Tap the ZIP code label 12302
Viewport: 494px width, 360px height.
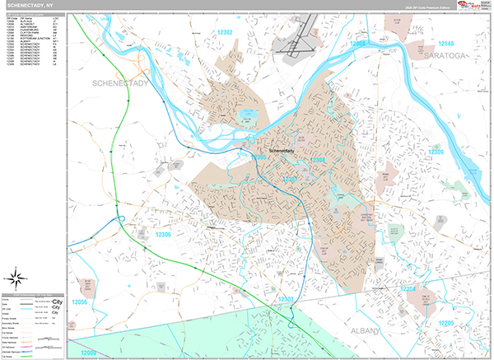[x=224, y=32]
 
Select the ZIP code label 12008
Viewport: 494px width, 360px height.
[x=357, y=44]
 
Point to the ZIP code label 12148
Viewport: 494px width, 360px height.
[x=445, y=43]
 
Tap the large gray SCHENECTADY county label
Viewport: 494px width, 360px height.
[x=120, y=85]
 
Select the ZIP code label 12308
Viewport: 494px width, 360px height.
[x=317, y=160]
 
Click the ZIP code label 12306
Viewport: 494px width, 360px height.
[x=163, y=235]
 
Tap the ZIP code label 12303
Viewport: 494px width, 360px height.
[x=287, y=298]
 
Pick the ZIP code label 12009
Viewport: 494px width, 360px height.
[x=88, y=352]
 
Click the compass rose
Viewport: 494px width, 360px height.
[x=17, y=276]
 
